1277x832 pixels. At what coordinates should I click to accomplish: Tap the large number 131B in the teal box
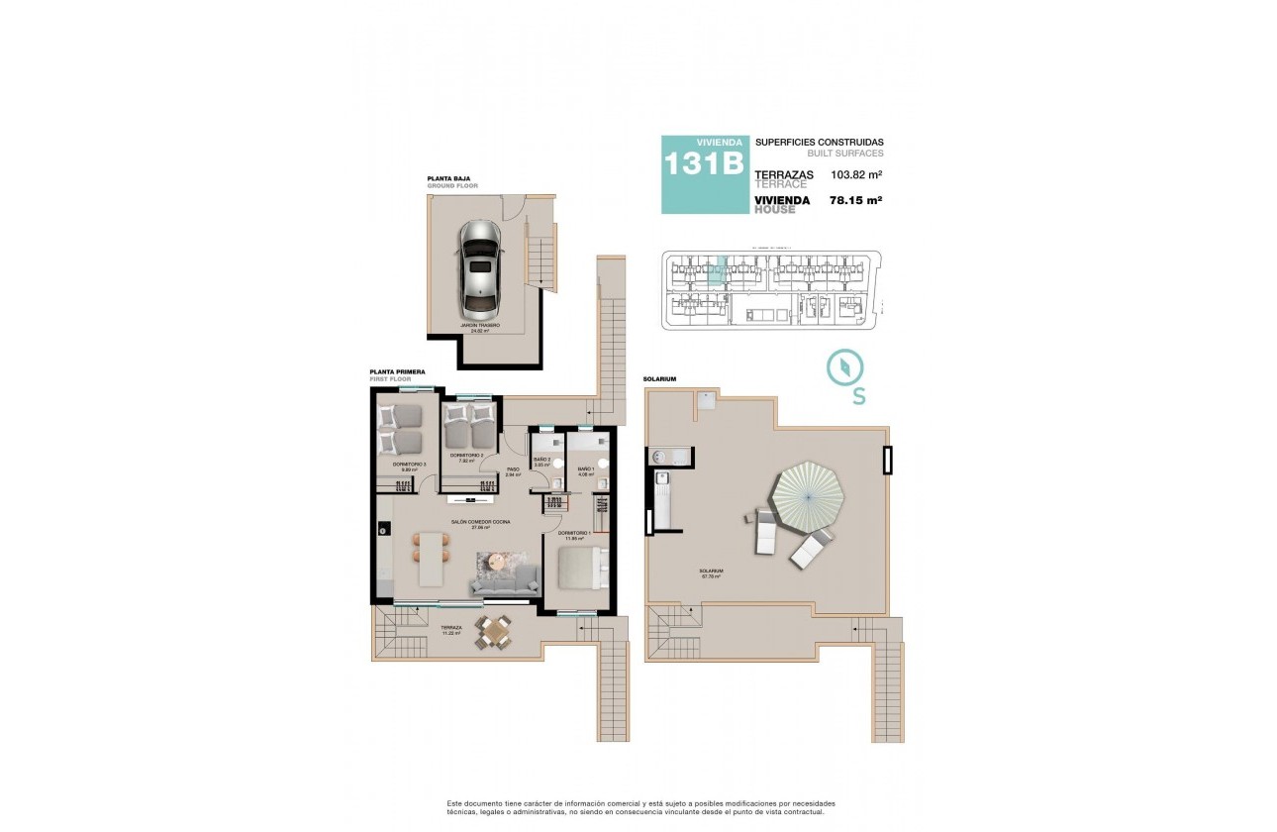(x=704, y=164)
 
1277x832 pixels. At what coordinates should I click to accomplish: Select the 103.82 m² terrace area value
(x=856, y=175)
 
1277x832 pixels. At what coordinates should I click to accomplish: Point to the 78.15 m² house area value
(x=856, y=200)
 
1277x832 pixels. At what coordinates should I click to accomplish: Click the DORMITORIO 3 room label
(x=409, y=465)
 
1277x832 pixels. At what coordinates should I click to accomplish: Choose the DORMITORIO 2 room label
(x=465, y=457)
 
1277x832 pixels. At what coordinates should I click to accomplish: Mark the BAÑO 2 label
(x=541, y=460)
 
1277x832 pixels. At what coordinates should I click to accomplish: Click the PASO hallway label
(x=513, y=470)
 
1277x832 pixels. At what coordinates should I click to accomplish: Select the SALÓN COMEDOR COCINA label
(x=481, y=523)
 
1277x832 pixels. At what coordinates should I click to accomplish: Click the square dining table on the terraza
(x=494, y=631)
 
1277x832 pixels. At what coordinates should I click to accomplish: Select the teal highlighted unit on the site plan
(x=721, y=270)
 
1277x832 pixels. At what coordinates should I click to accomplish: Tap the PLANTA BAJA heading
(x=446, y=179)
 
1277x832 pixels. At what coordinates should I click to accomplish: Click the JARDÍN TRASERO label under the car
(x=479, y=325)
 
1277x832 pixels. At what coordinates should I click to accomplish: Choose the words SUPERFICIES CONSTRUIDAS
(x=819, y=142)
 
